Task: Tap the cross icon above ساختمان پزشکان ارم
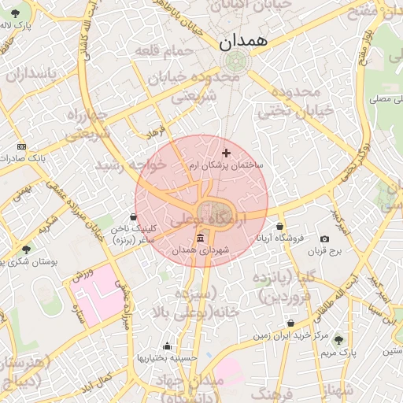pyautogui.click(x=227, y=153)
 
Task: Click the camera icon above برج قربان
pyautogui.click(x=325, y=238)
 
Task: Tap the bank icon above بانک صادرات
pyautogui.click(x=21, y=146)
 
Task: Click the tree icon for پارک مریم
pyautogui.click(x=338, y=340)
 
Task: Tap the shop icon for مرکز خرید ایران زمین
pyautogui.click(x=290, y=324)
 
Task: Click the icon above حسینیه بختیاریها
pyautogui.click(x=167, y=346)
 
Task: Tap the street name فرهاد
pyautogui.click(x=153, y=130)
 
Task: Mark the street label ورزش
pyautogui.click(x=83, y=275)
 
